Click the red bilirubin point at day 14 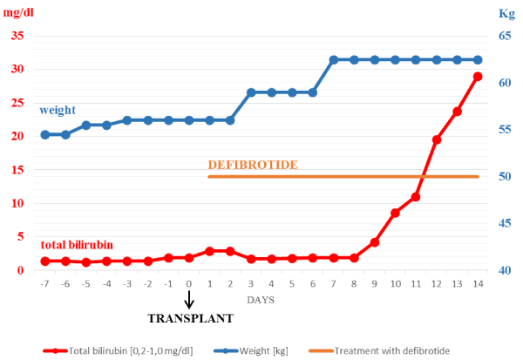click(478, 77)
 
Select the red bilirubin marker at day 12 click(437, 139)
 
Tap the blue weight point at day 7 click(334, 60)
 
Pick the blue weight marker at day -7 click(45, 135)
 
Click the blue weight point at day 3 click(251, 92)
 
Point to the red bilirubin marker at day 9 click(375, 241)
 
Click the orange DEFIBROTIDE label click(254, 165)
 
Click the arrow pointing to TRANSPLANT click(189, 299)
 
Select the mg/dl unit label click(21, 11)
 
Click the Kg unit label click(506, 13)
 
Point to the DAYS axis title click(261, 299)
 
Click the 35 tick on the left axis click(17, 37)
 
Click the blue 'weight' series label click(58, 110)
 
